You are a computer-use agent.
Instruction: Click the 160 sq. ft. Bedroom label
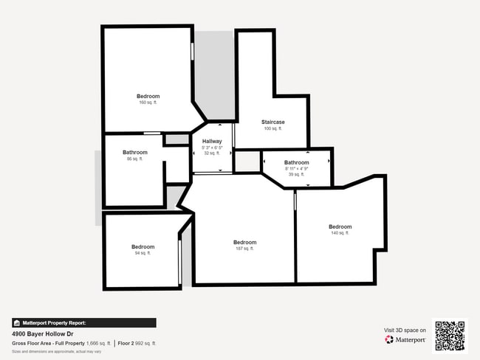coord(148,97)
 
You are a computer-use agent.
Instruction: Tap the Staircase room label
coord(273,122)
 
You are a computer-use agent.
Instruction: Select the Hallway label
coord(212,141)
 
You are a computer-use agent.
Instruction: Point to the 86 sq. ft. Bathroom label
coord(135,153)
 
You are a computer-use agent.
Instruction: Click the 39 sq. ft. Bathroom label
coord(297,162)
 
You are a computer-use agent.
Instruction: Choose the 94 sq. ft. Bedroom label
coord(143,246)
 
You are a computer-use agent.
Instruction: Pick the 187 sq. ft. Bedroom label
coord(245,243)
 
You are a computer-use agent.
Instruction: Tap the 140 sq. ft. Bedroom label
coord(340,226)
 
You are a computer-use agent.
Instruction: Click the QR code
coord(450,336)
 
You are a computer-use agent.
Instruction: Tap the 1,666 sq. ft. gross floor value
coord(98,343)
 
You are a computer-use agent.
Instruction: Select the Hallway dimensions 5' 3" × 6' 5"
coord(212,148)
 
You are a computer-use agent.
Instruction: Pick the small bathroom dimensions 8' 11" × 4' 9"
coord(297,169)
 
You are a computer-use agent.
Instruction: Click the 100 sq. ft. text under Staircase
coord(273,128)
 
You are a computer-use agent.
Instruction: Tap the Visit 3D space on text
coord(405,330)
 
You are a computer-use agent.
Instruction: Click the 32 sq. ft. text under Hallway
coord(212,153)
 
